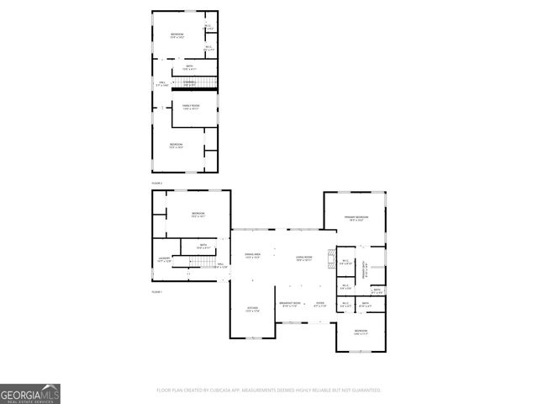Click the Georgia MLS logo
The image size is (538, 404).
(30, 393)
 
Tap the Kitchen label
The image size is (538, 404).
(252, 309)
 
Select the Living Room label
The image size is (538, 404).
(303, 257)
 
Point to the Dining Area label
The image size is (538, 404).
(252, 255)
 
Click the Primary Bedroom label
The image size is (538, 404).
(356, 219)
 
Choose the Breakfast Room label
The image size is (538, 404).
(289, 304)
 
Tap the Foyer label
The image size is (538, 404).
(319, 304)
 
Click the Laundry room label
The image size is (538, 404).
(165, 260)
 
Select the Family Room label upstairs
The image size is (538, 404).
(190, 106)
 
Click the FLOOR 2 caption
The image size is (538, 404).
(156, 183)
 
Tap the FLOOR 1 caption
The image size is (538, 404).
(156, 291)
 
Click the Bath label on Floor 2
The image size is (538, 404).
(190, 66)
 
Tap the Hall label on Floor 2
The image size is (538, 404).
(163, 83)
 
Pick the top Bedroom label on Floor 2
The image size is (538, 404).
(177, 35)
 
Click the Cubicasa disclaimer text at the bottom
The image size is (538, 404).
(269, 391)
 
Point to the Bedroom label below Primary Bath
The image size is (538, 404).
(361, 332)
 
